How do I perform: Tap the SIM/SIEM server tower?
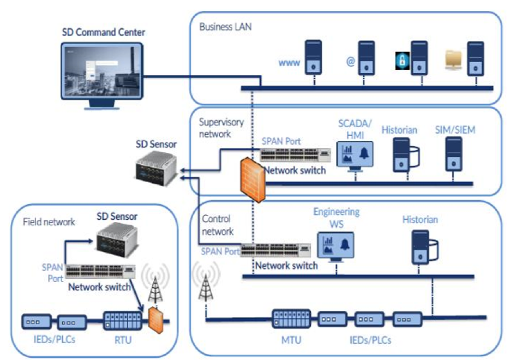(x=454, y=154)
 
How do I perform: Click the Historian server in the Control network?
(x=419, y=249)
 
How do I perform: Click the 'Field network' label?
(x=49, y=222)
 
